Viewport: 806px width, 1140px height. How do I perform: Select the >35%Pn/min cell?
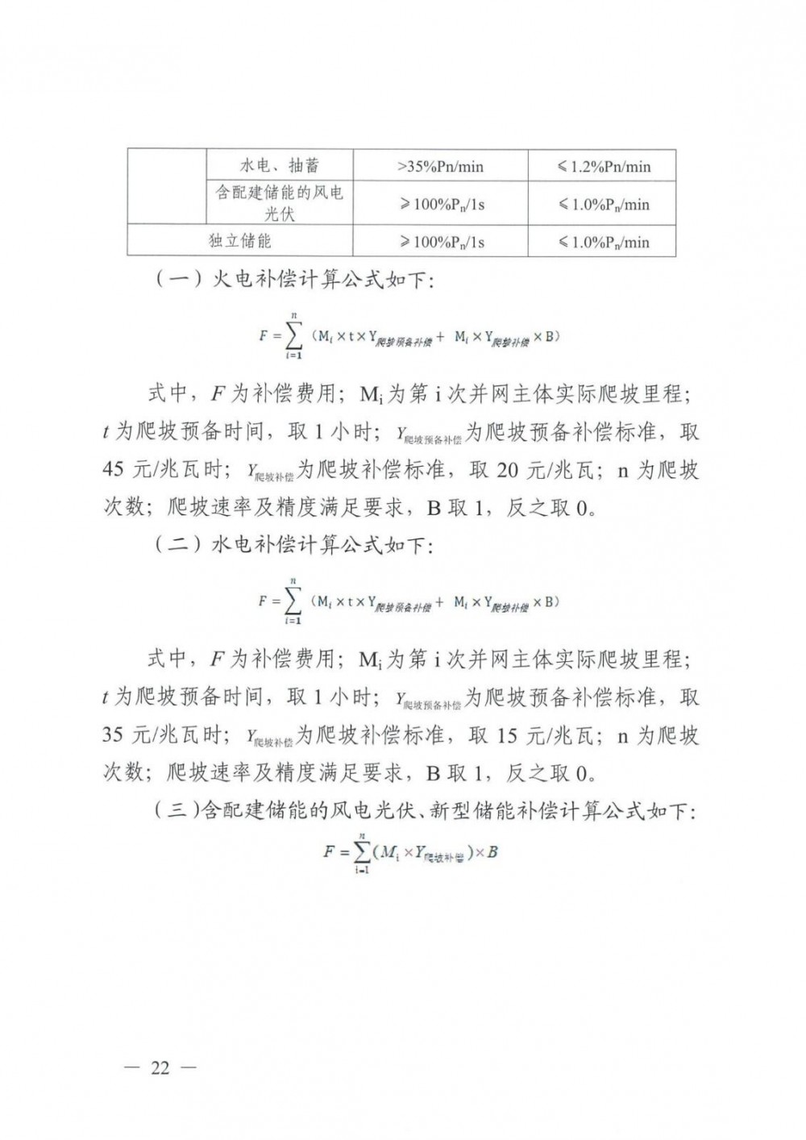(440, 167)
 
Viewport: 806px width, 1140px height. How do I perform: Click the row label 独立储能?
(240, 241)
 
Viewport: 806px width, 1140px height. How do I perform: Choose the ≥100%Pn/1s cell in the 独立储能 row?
(440, 242)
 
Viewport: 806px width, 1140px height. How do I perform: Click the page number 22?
(160, 1068)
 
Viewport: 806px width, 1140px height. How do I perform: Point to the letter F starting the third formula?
(329, 851)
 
